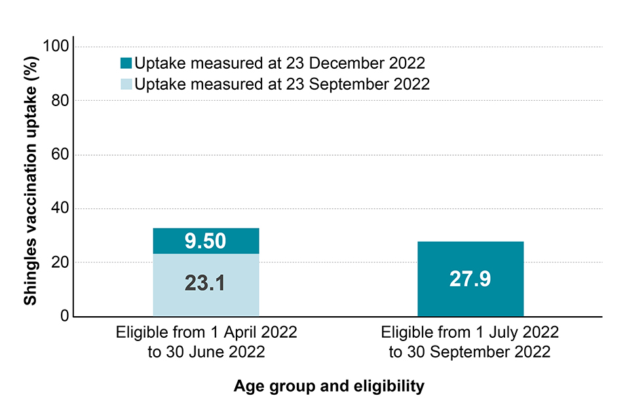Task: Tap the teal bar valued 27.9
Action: coord(470,279)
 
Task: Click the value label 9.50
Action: coord(206,241)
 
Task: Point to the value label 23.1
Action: coord(206,285)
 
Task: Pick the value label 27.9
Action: coord(470,279)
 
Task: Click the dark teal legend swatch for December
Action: coord(126,64)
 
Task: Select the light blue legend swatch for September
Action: coord(126,84)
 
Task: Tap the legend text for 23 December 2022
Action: coord(280,64)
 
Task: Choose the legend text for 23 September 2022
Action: coord(282,84)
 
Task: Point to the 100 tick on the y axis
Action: coord(55,46)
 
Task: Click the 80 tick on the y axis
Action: coord(59,100)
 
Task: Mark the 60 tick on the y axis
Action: coord(59,155)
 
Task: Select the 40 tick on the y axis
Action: coord(59,208)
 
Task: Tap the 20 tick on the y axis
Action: coord(59,262)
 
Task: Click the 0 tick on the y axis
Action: coord(64,316)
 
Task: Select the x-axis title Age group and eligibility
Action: coord(329,386)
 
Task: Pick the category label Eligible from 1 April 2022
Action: coord(206,332)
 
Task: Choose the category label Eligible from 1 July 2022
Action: coord(469,332)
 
